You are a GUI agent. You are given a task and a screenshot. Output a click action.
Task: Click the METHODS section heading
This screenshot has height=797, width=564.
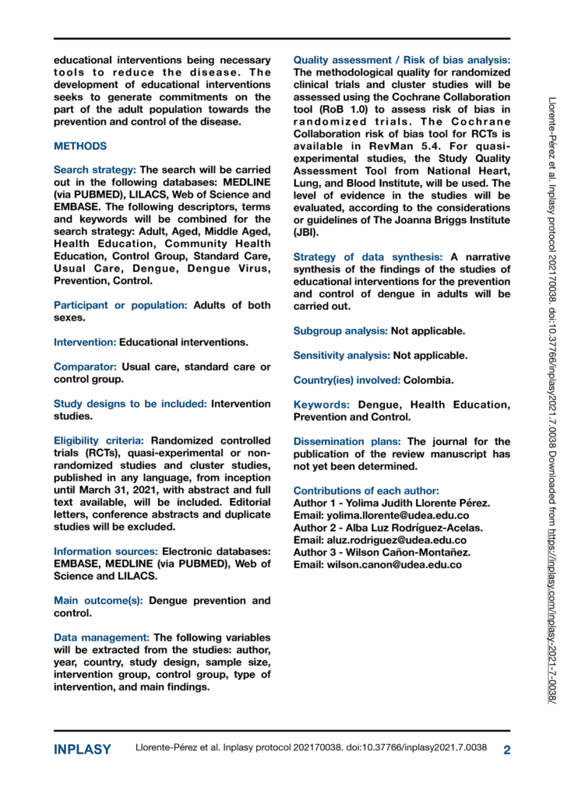[80, 146]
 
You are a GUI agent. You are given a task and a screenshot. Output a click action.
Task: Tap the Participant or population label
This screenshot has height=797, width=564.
[120, 305]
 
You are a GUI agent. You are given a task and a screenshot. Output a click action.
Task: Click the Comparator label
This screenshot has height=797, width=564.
[85, 367]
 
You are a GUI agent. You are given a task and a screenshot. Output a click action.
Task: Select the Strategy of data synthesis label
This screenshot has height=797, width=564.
[368, 257]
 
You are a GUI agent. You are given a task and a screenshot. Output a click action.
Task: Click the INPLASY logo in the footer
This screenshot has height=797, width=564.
[82, 750]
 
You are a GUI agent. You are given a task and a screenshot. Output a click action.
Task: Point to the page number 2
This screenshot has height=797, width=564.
[506, 750]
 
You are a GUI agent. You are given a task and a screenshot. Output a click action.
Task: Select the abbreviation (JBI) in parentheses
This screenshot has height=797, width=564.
[308, 232]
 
